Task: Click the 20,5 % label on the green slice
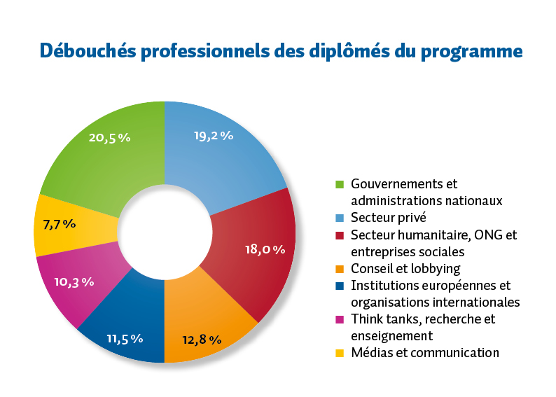pyautogui.click(x=110, y=138)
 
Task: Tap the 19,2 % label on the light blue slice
pyautogui.click(x=214, y=136)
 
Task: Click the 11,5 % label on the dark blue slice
pyautogui.click(x=125, y=338)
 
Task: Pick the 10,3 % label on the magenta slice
pyautogui.click(x=74, y=281)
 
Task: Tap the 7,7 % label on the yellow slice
pyautogui.click(x=59, y=225)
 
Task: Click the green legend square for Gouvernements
pyautogui.click(x=340, y=184)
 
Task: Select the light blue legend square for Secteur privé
pyautogui.click(x=340, y=218)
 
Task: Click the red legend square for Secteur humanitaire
pyautogui.click(x=340, y=235)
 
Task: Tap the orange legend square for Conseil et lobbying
pyautogui.click(x=340, y=269)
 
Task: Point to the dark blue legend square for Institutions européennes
pyautogui.click(x=340, y=286)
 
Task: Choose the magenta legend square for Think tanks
pyautogui.click(x=340, y=319)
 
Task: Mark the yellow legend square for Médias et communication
pyautogui.click(x=340, y=353)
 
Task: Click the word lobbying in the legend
pyautogui.click(x=436, y=269)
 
